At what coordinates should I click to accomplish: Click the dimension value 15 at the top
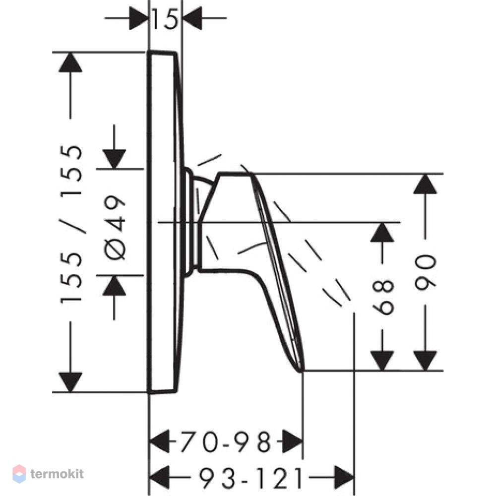(x=165, y=19)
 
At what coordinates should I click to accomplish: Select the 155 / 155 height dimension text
(x=71, y=225)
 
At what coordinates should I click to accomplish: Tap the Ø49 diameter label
(x=115, y=227)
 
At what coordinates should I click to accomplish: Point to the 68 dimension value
(x=383, y=297)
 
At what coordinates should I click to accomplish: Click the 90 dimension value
(x=426, y=272)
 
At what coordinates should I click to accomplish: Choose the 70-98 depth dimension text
(x=226, y=441)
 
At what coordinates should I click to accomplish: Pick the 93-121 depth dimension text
(x=250, y=478)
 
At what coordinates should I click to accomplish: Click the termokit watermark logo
(x=48, y=474)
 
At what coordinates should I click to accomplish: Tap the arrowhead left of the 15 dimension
(x=139, y=18)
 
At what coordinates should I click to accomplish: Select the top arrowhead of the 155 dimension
(x=70, y=62)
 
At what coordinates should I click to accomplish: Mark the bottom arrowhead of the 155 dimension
(x=70, y=382)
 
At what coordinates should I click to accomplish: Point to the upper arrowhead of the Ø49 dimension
(x=114, y=159)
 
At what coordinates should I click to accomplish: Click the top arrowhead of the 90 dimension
(x=425, y=184)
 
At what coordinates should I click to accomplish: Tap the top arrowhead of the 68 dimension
(x=382, y=232)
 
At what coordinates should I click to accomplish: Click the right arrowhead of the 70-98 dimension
(x=293, y=441)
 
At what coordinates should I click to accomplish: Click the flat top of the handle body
(x=235, y=174)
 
